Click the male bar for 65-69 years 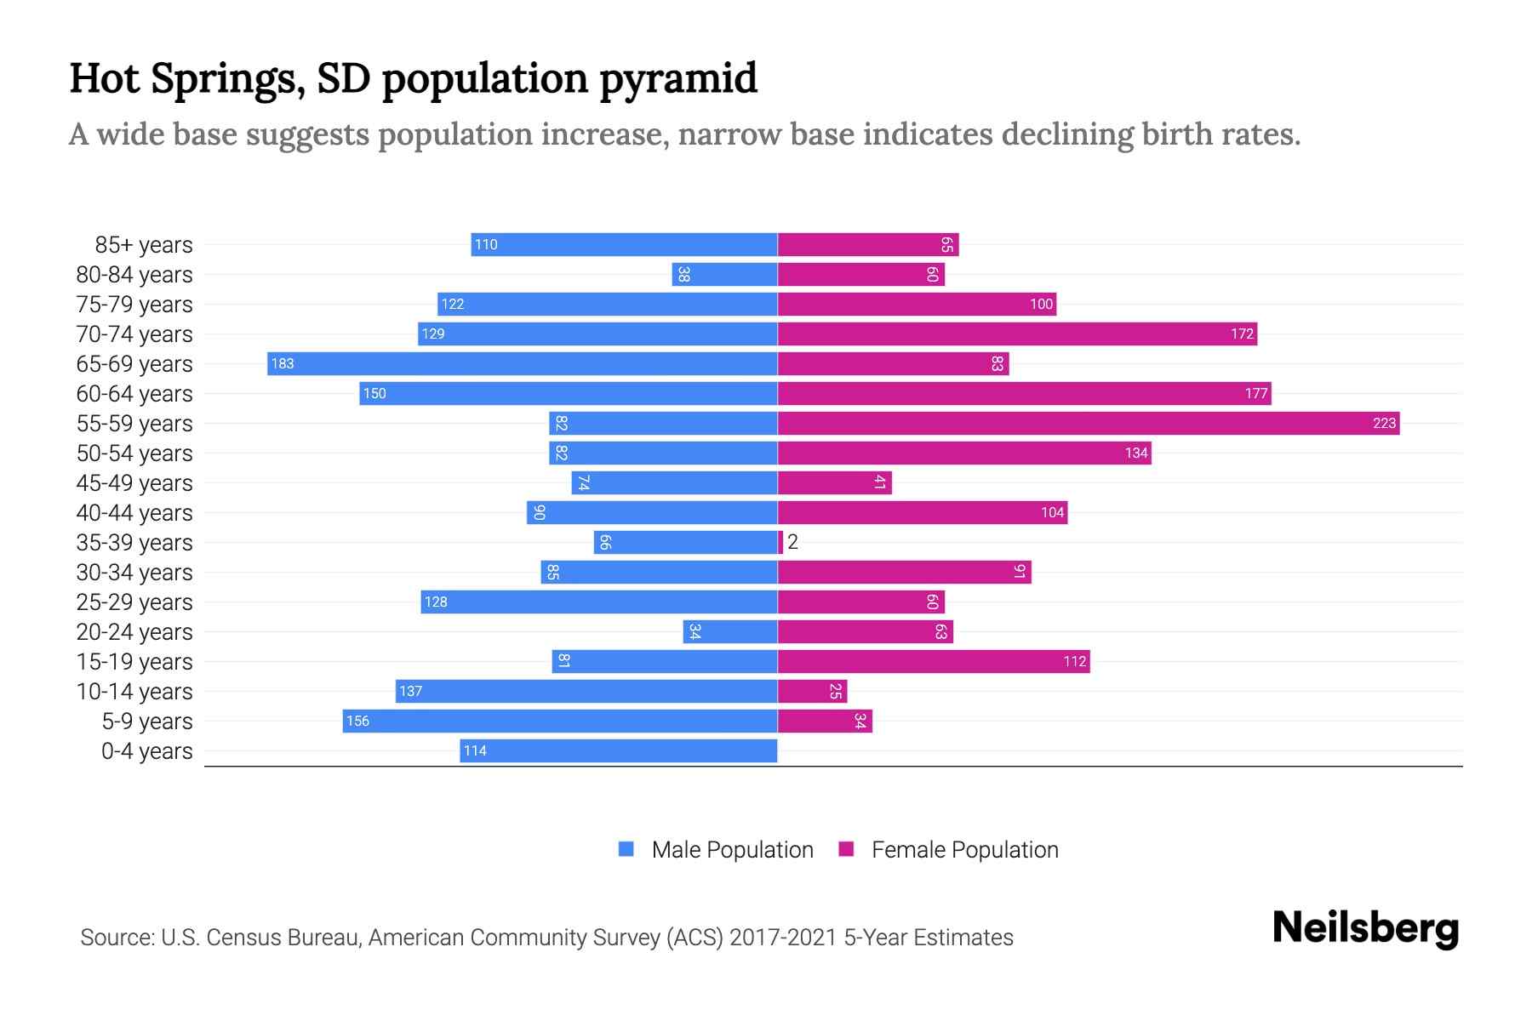522,363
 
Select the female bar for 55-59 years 1089,423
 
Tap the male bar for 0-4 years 619,750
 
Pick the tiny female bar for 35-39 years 780,542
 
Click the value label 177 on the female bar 1256,393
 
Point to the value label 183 282,363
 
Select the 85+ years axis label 143,245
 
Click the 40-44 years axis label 134,513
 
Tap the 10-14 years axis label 134,692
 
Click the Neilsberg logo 1365,928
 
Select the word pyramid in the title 678,78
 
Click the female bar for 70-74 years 1017,334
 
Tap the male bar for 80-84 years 724,274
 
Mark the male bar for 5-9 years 560,721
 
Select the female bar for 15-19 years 934,661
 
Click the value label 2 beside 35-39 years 792,542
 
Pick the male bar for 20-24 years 730,631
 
